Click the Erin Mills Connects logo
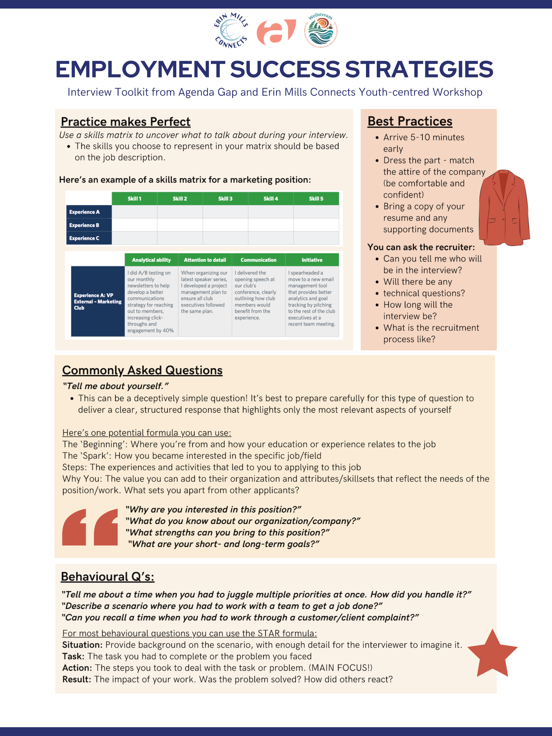point(231,30)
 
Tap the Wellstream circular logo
point(321,30)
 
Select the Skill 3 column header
point(225,198)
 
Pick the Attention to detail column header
point(205,260)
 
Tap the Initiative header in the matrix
point(312,260)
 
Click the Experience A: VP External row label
point(97,301)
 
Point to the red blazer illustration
point(504,208)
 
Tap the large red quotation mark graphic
point(90,527)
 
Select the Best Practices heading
point(410,121)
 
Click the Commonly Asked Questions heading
point(142,370)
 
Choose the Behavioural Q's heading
point(108,576)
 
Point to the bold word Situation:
point(82,645)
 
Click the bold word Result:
point(77,679)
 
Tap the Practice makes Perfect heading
point(125,122)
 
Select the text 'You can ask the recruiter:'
point(421,247)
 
